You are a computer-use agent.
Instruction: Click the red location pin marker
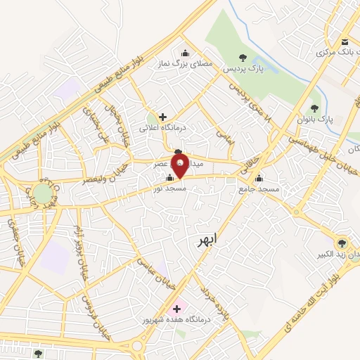pos(180,167)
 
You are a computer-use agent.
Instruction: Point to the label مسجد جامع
pos(259,189)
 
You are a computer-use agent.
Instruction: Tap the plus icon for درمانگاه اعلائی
pos(163,117)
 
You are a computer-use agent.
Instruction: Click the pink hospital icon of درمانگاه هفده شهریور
pos(176,309)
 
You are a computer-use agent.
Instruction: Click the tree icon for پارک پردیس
pos(243,58)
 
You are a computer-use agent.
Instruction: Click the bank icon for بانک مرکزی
pos(345,41)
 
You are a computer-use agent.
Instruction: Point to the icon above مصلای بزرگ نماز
pos(185,53)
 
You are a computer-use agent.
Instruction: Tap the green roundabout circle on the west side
pos(43,192)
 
